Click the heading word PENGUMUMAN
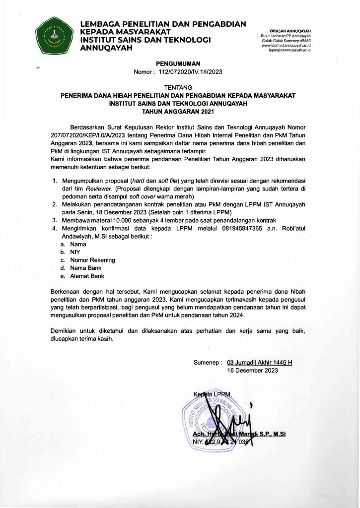(178, 63)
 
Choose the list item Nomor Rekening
(92, 260)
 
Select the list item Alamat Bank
(87, 276)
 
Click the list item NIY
(75, 252)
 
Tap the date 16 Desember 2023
(252, 370)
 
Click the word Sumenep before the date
(207, 362)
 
